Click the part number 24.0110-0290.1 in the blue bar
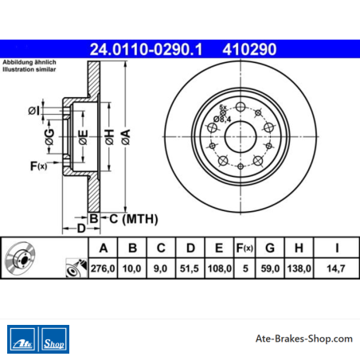[146, 49]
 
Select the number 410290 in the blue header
[249, 49]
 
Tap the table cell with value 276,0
[103, 268]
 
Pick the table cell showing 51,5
[190, 268]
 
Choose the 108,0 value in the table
[220, 268]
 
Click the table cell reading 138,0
[299, 268]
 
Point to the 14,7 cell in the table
[336, 268]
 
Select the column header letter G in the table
[270, 248]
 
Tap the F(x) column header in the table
[245, 248]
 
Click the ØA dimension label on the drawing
[126, 137]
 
